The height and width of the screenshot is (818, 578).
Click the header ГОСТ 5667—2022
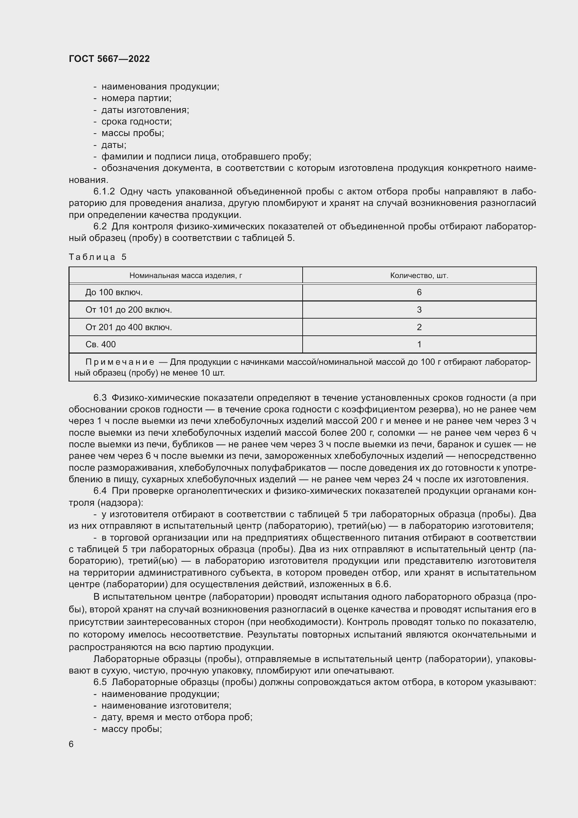coord(109,59)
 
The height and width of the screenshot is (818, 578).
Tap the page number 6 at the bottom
coord(71,744)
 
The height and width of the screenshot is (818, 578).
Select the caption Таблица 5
coord(97,257)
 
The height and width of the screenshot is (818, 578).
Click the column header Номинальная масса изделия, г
coord(186,275)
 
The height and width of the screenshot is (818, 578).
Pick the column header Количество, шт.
coord(419,275)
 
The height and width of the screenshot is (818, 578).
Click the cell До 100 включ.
coord(114,292)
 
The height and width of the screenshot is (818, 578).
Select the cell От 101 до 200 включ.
coord(129,310)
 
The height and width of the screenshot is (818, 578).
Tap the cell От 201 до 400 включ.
coord(129,327)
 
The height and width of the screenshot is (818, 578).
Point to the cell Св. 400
coord(100,344)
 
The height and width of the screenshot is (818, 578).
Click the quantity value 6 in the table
coord(419,292)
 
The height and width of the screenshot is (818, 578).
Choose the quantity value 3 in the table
coord(419,310)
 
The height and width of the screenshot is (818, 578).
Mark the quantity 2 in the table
coord(419,327)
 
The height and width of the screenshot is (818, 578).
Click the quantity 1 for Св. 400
coord(419,344)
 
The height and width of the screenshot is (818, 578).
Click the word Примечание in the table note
coord(120,362)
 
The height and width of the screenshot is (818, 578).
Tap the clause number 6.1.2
coord(104,192)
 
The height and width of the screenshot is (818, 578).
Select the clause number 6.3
coord(100,398)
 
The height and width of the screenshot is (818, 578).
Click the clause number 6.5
coord(100,682)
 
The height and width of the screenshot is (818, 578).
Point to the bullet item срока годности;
coord(136,122)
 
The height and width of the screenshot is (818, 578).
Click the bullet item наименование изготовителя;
coord(166,705)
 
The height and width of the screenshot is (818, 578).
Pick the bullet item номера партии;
coord(136,98)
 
